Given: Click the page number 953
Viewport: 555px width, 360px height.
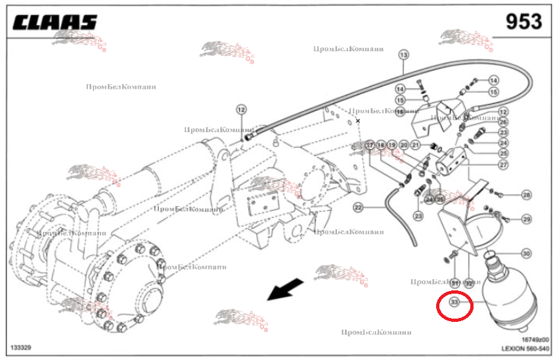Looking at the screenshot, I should [523, 22].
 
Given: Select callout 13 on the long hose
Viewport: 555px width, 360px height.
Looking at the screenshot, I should [403, 55].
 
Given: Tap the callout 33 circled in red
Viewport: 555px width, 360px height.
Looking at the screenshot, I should [454, 303].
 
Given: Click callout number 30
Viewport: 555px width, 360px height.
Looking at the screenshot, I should [525, 254].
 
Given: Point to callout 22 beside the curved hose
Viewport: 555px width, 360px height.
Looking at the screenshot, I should [359, 208].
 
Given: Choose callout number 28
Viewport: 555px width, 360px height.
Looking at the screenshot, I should [526, 194].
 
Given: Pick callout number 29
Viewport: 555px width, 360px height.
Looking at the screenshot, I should [526, 218].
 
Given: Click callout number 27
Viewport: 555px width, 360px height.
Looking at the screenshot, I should [504, 165].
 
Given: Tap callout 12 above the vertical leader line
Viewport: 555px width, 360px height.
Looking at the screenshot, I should [241, 110].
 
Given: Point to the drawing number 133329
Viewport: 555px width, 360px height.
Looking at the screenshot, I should [22, 346].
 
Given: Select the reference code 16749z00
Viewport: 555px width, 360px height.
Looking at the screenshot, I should [535, 339].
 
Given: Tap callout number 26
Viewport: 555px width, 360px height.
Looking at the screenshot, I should [503, 122].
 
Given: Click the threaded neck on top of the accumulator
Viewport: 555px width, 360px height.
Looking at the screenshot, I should [495, 259].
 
